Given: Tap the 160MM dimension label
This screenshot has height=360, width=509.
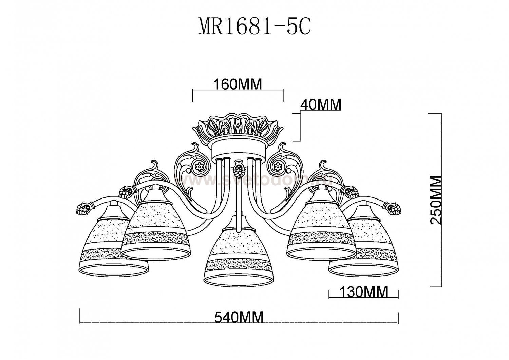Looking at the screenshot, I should coord(238,84).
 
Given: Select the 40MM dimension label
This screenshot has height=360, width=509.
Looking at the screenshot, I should coord(321,105).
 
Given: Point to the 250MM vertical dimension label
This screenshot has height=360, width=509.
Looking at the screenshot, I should coord(435,200).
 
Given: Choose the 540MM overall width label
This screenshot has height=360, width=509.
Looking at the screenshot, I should coord(239,318).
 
